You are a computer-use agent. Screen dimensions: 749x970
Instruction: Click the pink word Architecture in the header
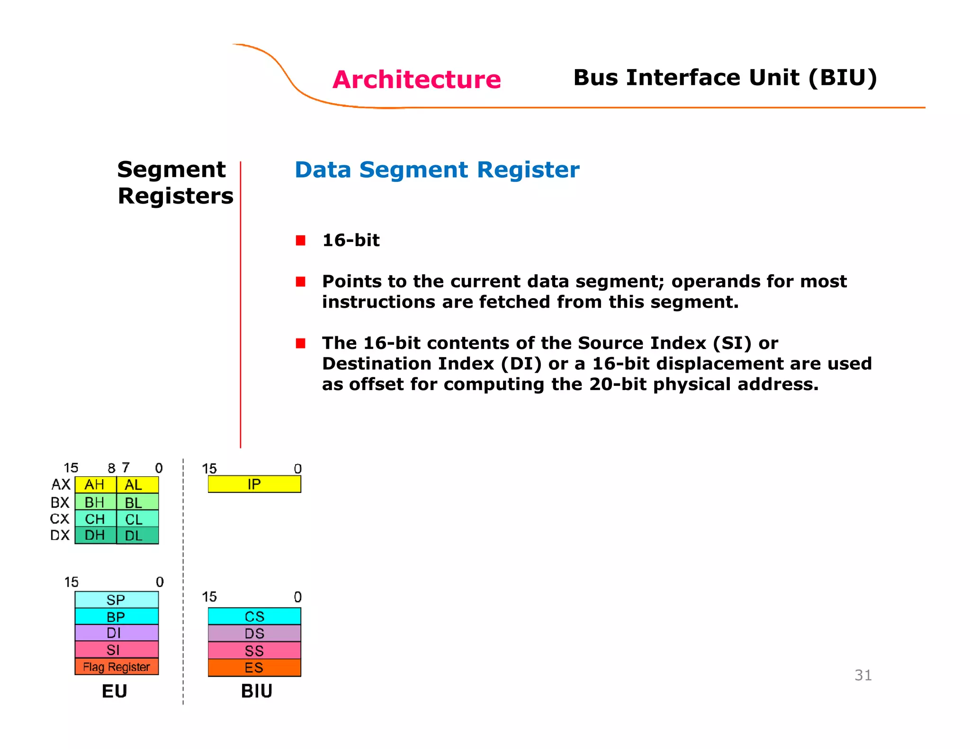[x=416, y=80]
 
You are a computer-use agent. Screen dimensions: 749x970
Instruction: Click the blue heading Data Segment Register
[x=437, y=170]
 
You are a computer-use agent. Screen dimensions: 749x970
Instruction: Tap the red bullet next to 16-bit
[x=300, y=241]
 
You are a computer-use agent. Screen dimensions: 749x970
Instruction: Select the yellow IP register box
[x=254, y=484]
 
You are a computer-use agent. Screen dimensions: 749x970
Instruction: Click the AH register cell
[x=95, y=485]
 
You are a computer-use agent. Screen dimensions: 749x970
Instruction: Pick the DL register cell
[x=137, y=535]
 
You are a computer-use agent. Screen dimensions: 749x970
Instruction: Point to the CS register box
[x=254, y=616]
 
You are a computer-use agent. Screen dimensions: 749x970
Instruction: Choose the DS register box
[x=254, y=633]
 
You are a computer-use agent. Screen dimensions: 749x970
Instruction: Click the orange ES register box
[x=254, y=668]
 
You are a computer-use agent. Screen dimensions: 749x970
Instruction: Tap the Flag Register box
[x=117, y=667]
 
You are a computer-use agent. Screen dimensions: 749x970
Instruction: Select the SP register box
[x=117, y=600]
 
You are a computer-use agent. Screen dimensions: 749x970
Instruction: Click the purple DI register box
[x=117, y=633]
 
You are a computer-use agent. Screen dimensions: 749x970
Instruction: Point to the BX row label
[x=60, y=502]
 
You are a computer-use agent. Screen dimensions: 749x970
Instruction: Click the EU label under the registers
[x=115, y=691]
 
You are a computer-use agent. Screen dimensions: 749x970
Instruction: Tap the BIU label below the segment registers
[x=256, y=691]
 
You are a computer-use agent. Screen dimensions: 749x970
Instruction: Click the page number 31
[x=862, y=675]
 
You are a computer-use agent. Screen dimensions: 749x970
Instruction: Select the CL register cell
[x=137, y=519]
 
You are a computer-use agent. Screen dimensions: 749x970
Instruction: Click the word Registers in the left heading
[x=175, y=196]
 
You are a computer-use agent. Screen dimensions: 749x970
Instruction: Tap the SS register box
[x=254, y=651]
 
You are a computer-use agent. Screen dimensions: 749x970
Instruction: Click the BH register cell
[x=95, y=502]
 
